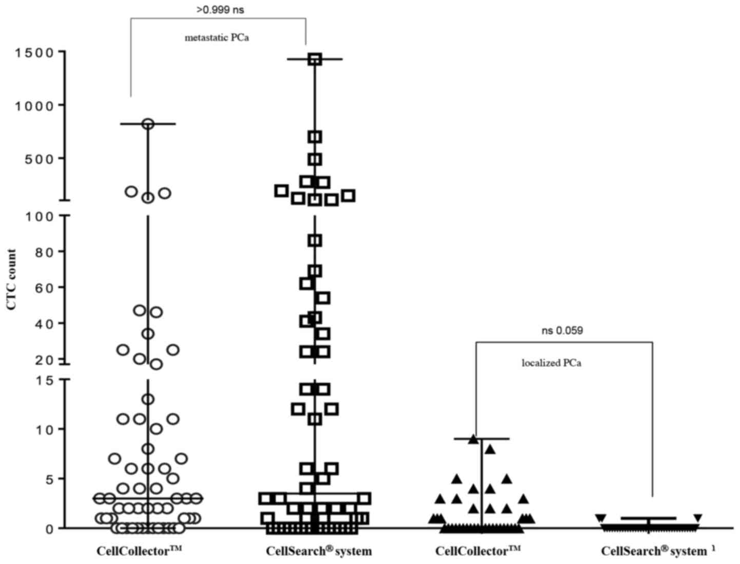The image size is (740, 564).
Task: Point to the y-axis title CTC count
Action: (x=12, y=280)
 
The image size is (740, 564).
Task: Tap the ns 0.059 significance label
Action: (x=562, y=331)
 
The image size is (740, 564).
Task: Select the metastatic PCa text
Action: (x=217, y=37)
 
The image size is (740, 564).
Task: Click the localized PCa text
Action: (x=552, y=363)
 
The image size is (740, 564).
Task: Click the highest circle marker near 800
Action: (x=148, y=124)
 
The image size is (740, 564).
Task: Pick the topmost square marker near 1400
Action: (x=315, y=59)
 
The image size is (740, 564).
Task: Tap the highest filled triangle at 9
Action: (x=473, y=439)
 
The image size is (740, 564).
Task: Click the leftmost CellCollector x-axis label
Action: (x=140, y=551)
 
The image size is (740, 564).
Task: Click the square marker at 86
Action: (x=315, y=240)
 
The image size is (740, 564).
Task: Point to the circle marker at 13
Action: (x=148, y=399)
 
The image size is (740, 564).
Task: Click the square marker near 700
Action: (x=315, y=137)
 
